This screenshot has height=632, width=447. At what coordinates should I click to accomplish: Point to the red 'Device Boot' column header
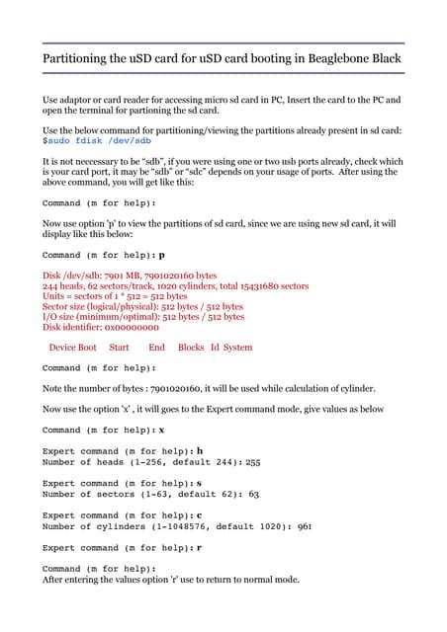coord(73,348)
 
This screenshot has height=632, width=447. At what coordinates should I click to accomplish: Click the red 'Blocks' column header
coord(191,348)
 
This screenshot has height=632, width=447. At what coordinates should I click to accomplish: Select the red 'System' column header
coord(238,348)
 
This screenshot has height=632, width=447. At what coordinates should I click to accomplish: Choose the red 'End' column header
coord(156,348)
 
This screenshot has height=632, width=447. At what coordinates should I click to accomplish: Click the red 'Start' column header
coord(120,348)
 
